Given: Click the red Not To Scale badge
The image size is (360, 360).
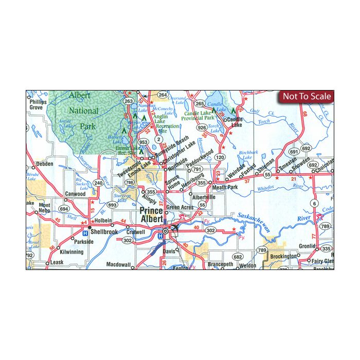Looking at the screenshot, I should (307, 96).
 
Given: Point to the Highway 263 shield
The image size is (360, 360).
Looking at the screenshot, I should (129, 101).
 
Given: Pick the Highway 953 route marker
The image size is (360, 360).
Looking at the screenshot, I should (143, 141).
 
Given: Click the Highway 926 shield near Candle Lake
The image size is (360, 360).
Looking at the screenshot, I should (202, 128).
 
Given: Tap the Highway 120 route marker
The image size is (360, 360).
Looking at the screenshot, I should (220, 157).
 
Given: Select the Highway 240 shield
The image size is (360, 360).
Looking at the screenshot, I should (98, 183).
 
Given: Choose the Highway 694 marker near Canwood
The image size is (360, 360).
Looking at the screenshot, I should (64, 209).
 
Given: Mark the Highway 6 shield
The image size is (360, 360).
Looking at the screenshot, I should (314, 204).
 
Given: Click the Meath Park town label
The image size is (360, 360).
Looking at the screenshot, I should (225, 188).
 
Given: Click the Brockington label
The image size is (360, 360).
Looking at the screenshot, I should (282, 256).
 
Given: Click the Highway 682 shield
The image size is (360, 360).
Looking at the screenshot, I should (237, 256).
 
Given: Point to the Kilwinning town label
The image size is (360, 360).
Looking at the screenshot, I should (71, 252).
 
